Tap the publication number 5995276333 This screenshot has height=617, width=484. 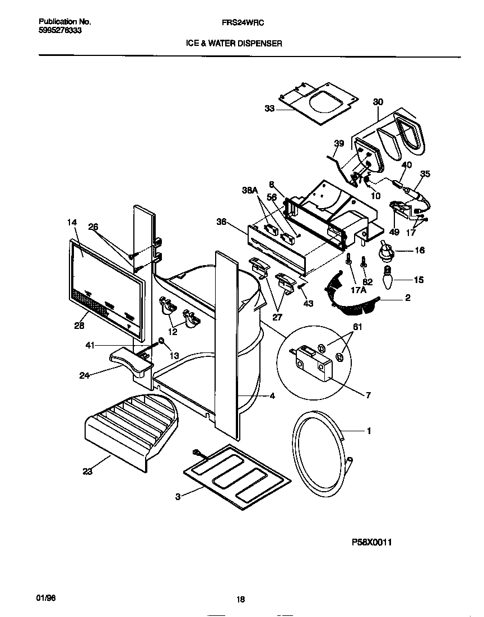[61, 30]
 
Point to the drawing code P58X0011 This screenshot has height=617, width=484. [371, 542]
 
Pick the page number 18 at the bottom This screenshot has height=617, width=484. [240, 599]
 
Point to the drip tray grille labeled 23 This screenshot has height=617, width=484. [129, 428]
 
